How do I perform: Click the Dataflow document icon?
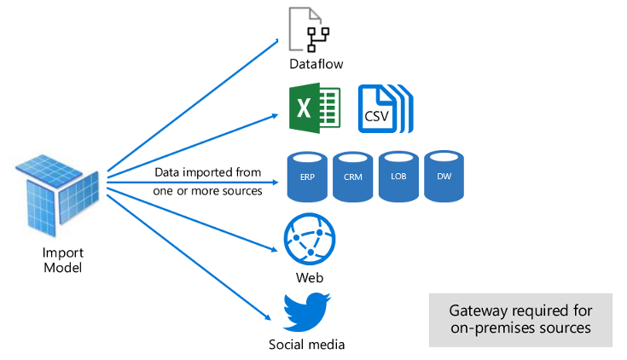click(x=308, y=28)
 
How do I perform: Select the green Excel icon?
click(x=315, y=107)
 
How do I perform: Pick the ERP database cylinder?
click(x=306, y=177)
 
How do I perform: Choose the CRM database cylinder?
click(x=353, y=177)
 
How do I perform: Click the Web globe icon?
click(x=310, y=240)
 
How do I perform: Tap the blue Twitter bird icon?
click(x=307, y=313)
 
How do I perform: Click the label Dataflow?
click(x=309, y=63)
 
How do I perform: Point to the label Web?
click(x=310, y=278)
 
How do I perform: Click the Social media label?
click(x=307, y=345)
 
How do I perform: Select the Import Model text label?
click(x=63, y=261)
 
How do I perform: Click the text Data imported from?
click(x=207, y=172)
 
